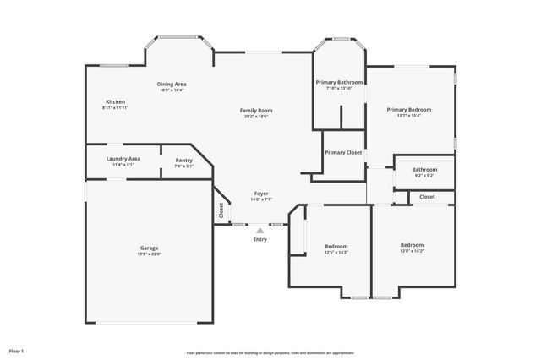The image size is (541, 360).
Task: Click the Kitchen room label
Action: pyautogui.click(x=115, y=101)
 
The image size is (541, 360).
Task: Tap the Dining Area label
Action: pyautogui.click(x=172, y=84)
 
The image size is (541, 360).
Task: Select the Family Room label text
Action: pyautogui.click(x=256, y=110)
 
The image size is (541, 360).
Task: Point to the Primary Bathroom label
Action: pyautogui.click(x=339, y=82)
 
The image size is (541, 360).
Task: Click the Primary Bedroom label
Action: pyautogui.click(x=409, y=109)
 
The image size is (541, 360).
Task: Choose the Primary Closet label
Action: pyautogui.click(x=343, y=153)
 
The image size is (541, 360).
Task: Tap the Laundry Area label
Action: pyautogui.click(x=123, y=158)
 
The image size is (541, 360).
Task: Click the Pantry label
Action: pyautogui.click(x=184, y=160)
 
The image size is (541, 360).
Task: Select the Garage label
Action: pyautogui.click(x=149, y=248)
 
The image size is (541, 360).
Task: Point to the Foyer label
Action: pyautogui.click(x=262, y=194)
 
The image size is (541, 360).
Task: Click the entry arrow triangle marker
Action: pyautogui.click(x=260, y=229)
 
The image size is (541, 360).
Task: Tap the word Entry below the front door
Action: pyautogui.click(x=260, y=239)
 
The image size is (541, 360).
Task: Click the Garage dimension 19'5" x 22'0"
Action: pyautogui.click(x=149, y=254)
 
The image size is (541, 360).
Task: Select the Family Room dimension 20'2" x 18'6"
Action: pyautogui.click(x=256, y=117)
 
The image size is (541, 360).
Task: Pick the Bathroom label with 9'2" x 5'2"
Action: pyautogui.click(x=424, y=169)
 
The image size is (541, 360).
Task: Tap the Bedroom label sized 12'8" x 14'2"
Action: pyautogui.click(x=412, y=244)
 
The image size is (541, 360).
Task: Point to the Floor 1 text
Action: pyautogui.click(x=16, y=350)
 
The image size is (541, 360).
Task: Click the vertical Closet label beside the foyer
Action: pyautogui.click(x=221, y=211)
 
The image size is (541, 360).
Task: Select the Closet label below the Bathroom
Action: pyautogui.click(x=427, y=197)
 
